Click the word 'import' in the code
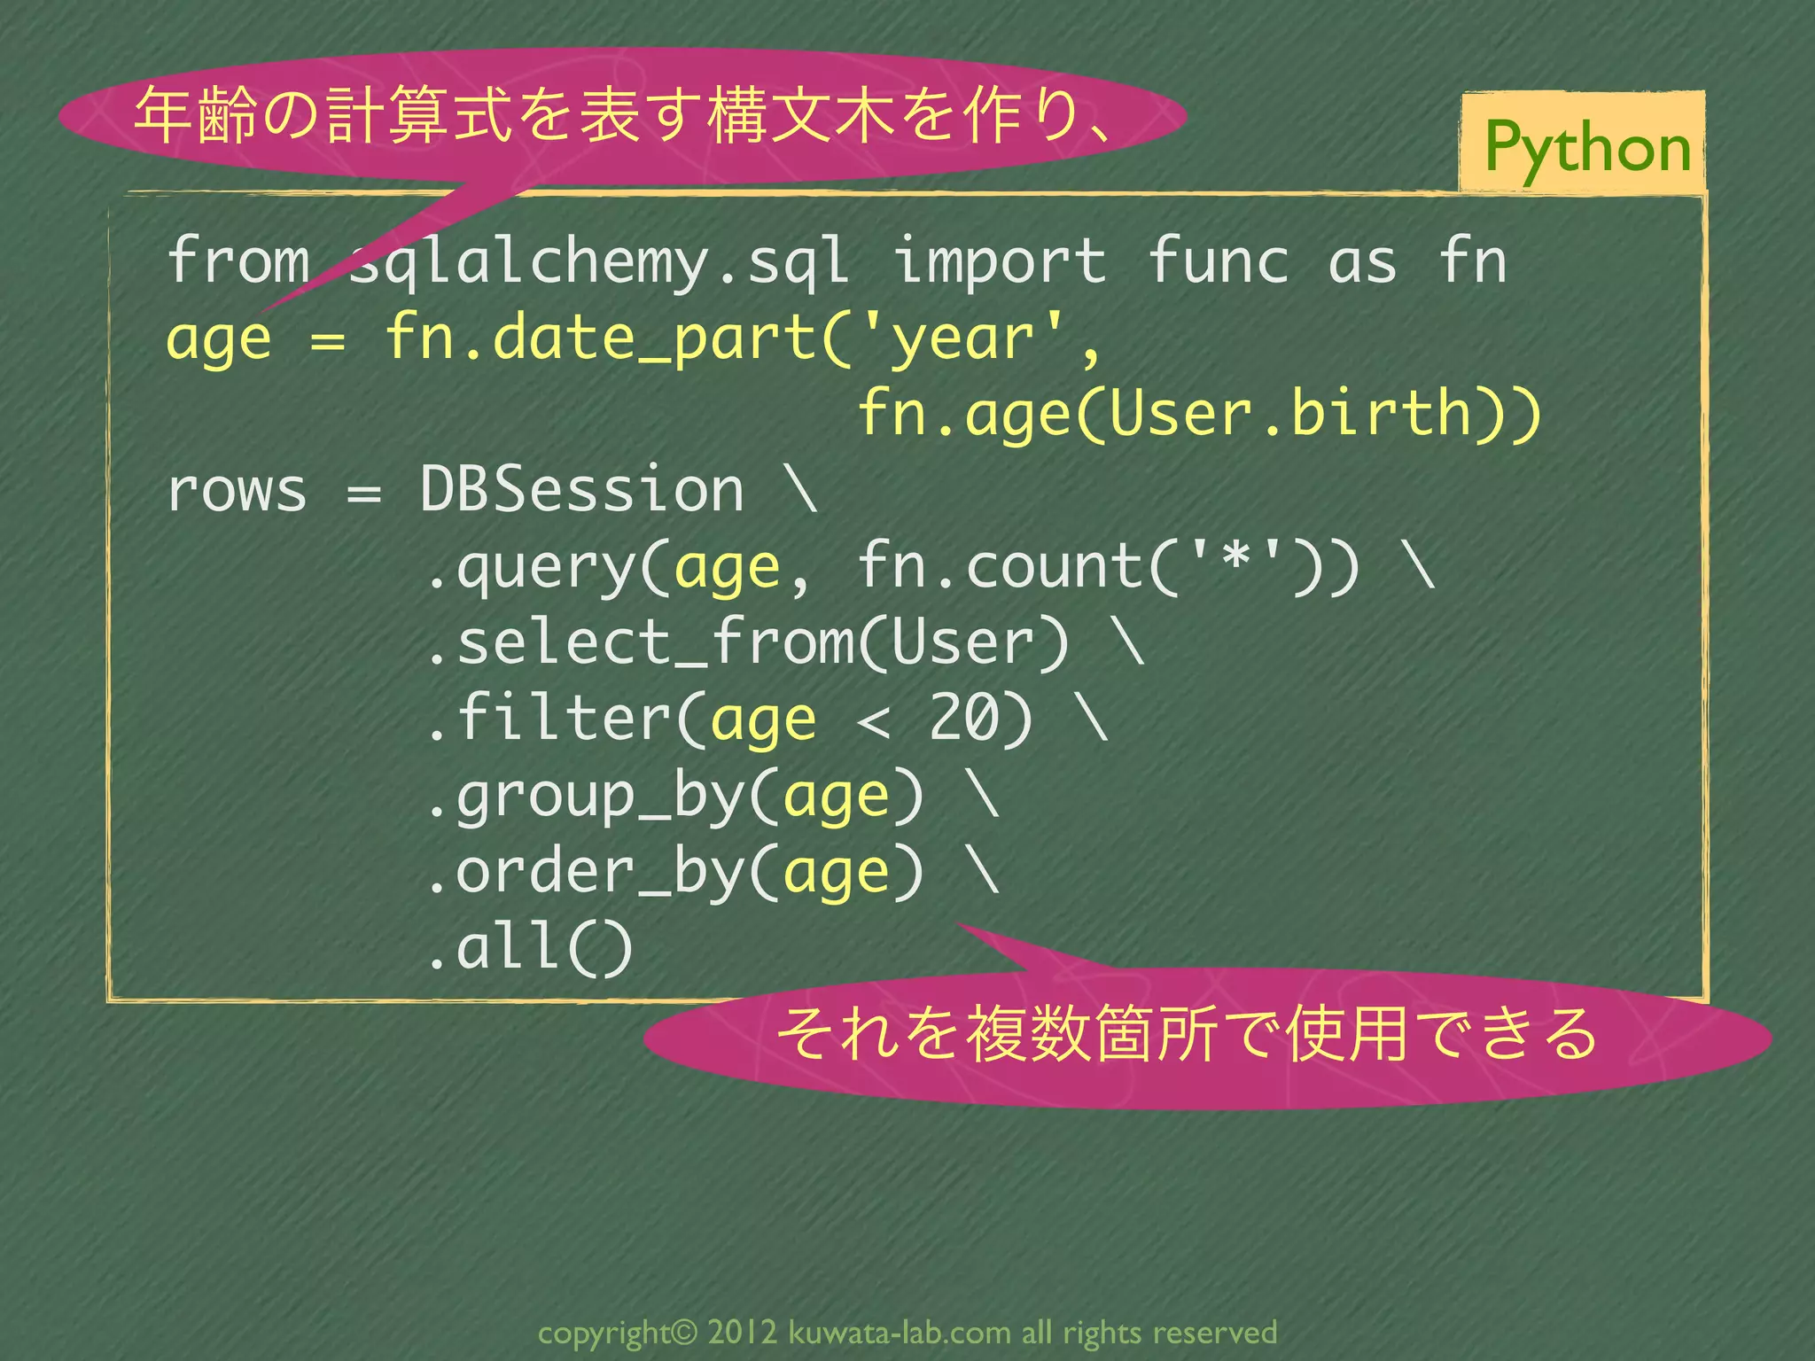(x=999, y=261)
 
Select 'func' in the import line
(x=1218, y=261)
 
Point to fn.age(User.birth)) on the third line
(x=1200, y=414)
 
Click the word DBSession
(x=581, y=490)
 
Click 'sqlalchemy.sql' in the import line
(x=598, y=262)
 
